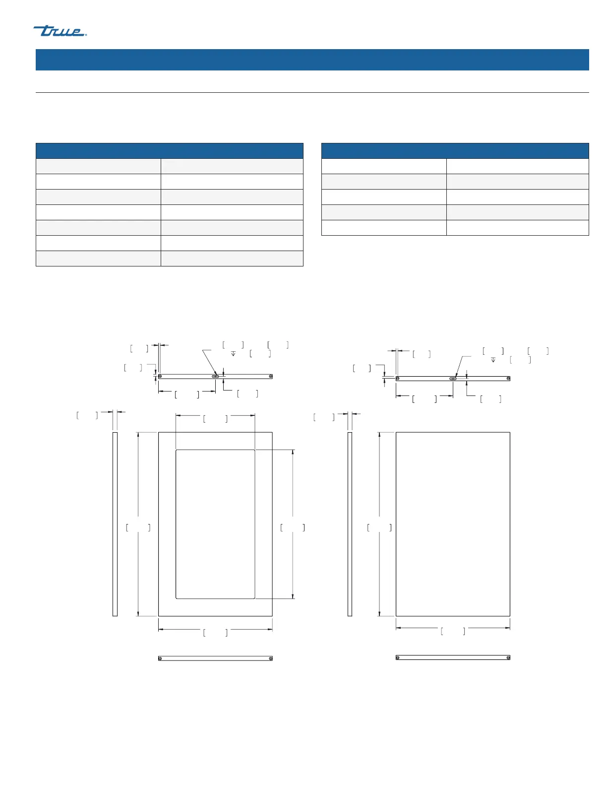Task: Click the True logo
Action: pos(60,31)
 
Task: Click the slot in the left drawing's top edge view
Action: pos(215,377)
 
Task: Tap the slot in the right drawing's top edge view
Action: pos(453,379)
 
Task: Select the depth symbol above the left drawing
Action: pos(233,353)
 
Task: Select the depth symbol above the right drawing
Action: pos(493,360)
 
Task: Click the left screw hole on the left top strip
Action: pos(160,377)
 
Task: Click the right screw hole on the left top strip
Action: pos(271,377)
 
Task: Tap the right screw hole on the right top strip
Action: pos(508,379)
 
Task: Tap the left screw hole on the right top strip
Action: pos(398,379)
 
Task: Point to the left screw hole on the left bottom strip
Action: pos(160,658)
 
